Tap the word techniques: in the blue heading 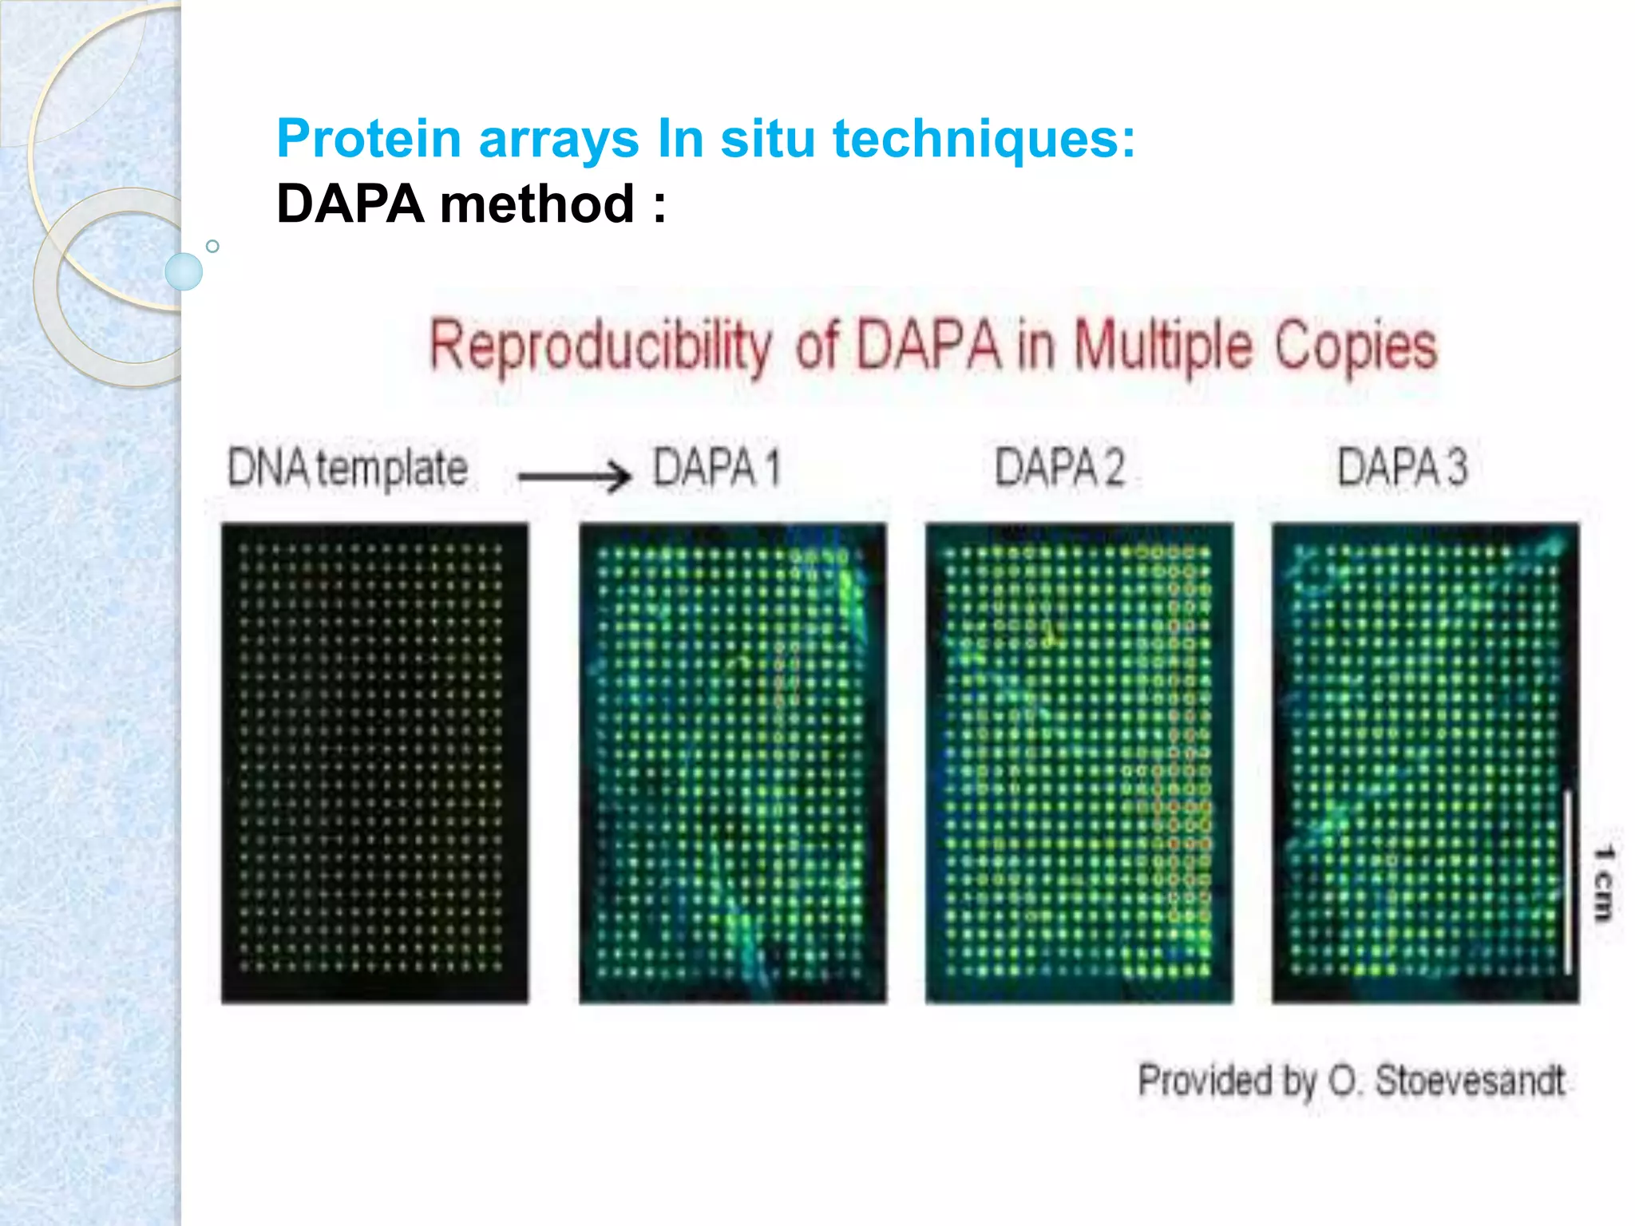(984, 139)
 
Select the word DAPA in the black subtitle (350, 204)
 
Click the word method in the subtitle (536, 204)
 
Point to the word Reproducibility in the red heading (600, 346)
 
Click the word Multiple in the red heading (1163, 346)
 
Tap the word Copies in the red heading (1355, 346)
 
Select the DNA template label (347, 468)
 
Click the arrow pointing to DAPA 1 (574, 477)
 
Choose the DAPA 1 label (716, 468)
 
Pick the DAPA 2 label (1059, 468)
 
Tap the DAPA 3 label (1402, 468)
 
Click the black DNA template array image (374, 762)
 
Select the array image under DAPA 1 (732, 762)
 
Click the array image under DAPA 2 (1079, 762)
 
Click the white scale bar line (1567, 881)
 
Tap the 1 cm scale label (1603, 883)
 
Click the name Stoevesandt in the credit (1470, 1081)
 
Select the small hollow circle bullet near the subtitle (212, 247)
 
